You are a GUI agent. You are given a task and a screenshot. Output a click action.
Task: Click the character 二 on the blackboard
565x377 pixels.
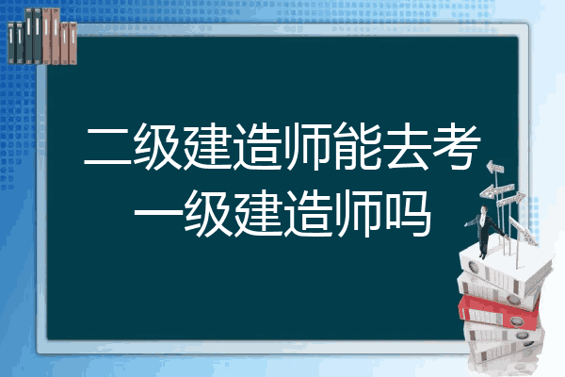(x=107, y=146)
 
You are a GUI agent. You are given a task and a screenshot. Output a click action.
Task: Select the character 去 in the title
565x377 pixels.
(x=408, y=146)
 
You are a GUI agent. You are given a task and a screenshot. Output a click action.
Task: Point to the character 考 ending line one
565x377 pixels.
(x=457, y=146)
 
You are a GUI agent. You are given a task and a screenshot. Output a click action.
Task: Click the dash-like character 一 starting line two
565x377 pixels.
(x=158, y=214)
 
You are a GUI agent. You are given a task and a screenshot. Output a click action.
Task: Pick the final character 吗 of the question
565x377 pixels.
(x=408, y=214)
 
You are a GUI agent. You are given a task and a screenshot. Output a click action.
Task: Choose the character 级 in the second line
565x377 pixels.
(x=208, y=214)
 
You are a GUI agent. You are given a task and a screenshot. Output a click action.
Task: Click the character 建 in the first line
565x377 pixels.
(x=208, y=146)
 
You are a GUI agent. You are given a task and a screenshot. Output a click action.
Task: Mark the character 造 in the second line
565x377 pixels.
(x=307, y=214)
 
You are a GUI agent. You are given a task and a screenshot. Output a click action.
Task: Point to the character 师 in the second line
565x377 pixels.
(x=358, y=214)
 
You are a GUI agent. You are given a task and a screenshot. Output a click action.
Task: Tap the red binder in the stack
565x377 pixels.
(x=498, y=312)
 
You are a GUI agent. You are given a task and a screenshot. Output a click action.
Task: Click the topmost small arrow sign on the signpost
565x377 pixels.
(x=495, y=168)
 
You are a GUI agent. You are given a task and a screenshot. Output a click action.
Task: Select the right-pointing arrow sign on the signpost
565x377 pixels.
(x=510, y=199)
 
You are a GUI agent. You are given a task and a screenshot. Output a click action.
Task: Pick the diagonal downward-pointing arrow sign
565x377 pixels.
(x=523, y=231)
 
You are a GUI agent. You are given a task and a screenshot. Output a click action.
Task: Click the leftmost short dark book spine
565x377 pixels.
(x=11, y=43)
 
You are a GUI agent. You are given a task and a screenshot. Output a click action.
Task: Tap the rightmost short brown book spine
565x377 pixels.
(x=73, y=43)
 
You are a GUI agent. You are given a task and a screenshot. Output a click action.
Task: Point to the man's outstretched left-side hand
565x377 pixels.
(x=467, y=224)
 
